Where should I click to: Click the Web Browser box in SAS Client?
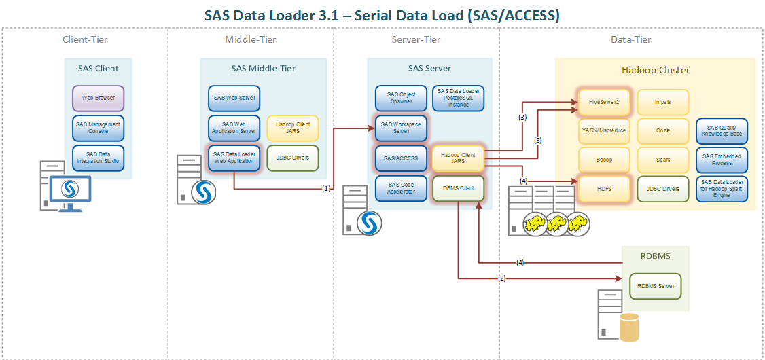click(99, 98)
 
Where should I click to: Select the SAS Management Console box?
click(99, 128)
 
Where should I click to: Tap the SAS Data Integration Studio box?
click(99, 158)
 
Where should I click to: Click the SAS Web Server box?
click(234, 98)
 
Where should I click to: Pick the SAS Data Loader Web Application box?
click(234, 158)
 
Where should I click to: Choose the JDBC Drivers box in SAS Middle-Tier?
click(293, 158)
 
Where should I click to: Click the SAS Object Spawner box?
click(401, 98)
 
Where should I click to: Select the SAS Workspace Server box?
click(401, 128)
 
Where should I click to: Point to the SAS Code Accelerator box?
click(401, 188)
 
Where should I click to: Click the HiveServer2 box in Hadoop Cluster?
click(604, 102)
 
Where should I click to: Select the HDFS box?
click(604, 188)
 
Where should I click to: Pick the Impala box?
click(663, 102)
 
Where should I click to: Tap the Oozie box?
click(663, 131)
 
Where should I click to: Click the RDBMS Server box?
click(656, 286)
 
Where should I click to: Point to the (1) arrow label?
click(327, 189)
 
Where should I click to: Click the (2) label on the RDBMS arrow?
click(502, 278)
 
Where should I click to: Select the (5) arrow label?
click(537, 141)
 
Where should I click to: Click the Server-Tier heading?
click(416, 39)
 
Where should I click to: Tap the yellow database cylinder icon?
click(630, 327)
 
